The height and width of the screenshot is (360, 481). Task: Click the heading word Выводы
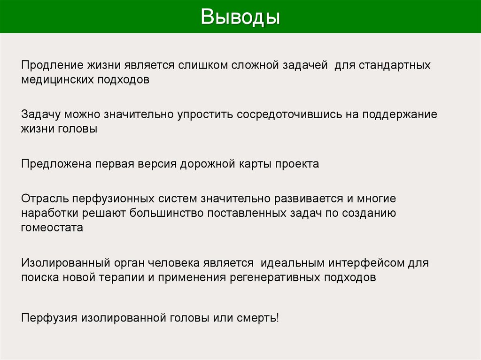coord(240,17)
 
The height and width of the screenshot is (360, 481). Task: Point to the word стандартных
coord(395,65)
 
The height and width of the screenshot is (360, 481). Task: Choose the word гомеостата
coord(52,228)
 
